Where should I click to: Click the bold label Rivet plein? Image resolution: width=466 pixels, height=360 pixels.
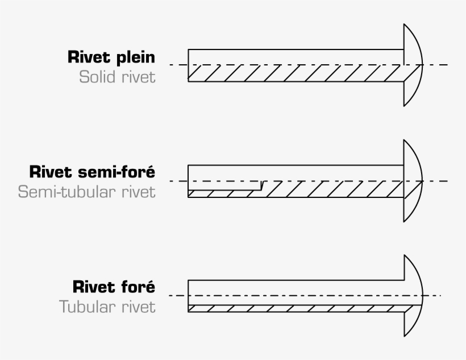click(x=111, y=58)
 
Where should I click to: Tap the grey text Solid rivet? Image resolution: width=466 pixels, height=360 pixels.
click(x=117, y=77)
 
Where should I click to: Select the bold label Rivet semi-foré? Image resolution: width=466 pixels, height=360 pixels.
click(x=91, y=172)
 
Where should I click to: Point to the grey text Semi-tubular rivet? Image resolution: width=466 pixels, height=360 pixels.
click(x=86, y=192)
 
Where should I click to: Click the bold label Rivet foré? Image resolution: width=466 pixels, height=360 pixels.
click(x=114, y=287)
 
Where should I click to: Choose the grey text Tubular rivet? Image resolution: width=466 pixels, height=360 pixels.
click(x=107, y=307)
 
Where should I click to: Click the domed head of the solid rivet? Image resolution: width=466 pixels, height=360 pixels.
click(x=413, y=65)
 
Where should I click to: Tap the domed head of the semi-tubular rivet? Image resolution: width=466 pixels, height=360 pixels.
click(x=413, y=181)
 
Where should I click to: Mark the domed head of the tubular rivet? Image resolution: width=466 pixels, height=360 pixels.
click(x=413, y=296)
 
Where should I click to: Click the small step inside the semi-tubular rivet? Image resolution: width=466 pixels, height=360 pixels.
click(x=261, y=185)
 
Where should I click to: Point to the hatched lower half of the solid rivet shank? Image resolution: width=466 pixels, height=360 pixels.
click(x=296, y=73)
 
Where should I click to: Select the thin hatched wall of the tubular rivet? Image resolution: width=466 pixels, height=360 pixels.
click(x=296, y=308)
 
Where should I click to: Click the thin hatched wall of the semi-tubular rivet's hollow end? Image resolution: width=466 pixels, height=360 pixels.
click(x=224, y=193)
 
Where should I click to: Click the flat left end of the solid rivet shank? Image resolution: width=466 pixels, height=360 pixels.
click(x=188, y=65)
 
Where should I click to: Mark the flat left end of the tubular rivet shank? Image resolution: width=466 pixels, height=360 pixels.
click(x=188, y=296)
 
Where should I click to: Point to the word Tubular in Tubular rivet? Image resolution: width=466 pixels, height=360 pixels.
click(x=88, y=307)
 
